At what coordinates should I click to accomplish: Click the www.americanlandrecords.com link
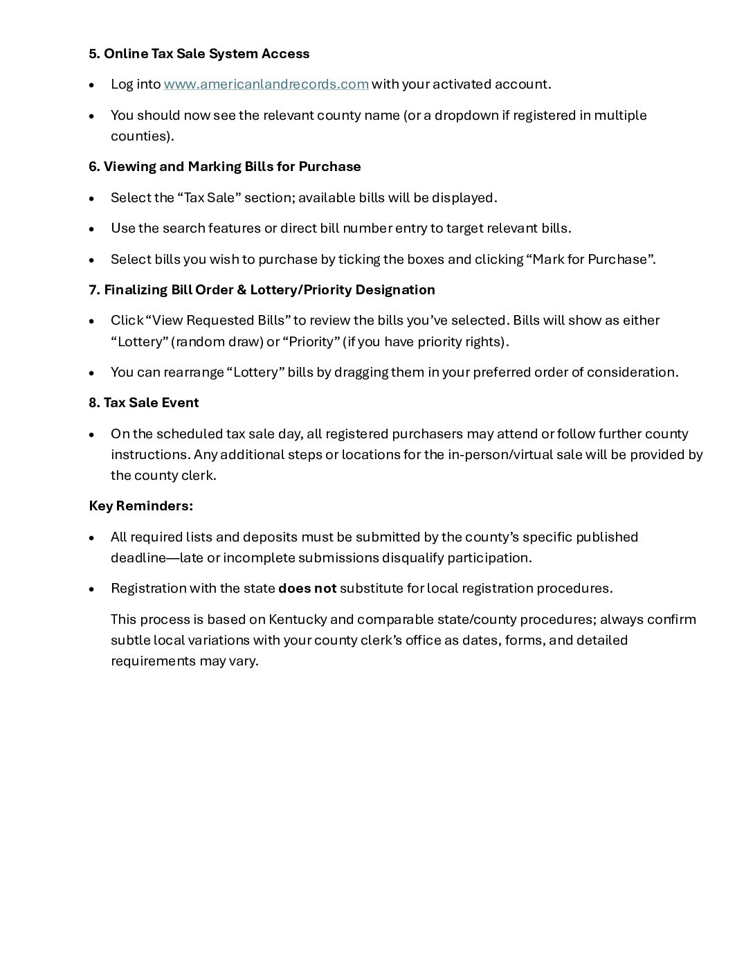tap(266, 84)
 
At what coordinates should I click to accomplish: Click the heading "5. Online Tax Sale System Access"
tap(199, 54)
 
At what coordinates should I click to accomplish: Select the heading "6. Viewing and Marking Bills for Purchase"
tap(224, 167)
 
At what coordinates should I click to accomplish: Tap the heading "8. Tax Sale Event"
tap(143, 403)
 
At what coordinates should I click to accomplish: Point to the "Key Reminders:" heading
tap(140, 506)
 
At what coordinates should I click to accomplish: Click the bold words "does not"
tap(307, 589)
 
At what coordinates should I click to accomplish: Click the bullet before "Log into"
tap(92, 85)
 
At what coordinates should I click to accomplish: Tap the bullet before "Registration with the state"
tap(92, 589)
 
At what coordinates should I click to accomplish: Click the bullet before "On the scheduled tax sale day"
tap(92, 435)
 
